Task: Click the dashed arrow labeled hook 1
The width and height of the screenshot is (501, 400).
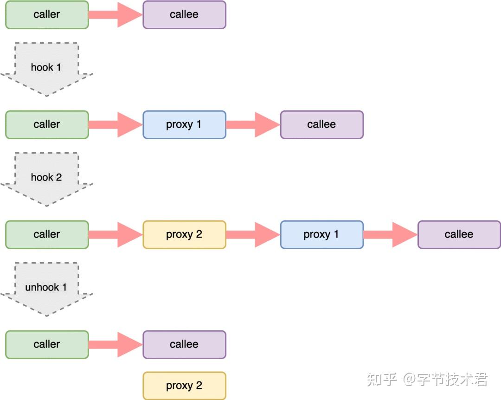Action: (x=46, y=68)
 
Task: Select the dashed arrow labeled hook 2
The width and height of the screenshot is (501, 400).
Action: (x=46, y=178)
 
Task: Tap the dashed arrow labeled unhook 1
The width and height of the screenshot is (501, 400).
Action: (x=46, y=288)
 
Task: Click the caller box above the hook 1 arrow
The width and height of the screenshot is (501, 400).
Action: (x=47, y=15)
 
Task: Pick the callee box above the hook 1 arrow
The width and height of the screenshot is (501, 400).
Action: (x=184, y=15)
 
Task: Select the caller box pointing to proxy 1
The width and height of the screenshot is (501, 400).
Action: (x=47, y=125)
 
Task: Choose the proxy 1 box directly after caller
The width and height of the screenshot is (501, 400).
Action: (x=184, y=125)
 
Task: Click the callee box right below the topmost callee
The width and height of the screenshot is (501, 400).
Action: (x=321, y=125)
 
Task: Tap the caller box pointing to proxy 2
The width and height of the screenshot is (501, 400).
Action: (x=47, y=235)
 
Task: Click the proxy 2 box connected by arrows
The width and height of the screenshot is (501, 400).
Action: (x=184, y=235)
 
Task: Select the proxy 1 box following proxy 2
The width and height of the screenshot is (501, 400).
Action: (x=321, y=235)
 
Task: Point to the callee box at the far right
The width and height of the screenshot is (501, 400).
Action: (x=459, y=235)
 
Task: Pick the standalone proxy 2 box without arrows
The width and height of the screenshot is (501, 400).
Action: (x=184, y=386)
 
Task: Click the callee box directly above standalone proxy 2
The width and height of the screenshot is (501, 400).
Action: (x=184, y=345)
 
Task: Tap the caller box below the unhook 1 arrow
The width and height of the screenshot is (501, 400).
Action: (x=47, y=345)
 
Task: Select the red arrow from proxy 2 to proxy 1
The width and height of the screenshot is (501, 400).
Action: (x=253, y=235)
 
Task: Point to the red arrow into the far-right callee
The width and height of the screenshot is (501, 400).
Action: (x=391, y=235)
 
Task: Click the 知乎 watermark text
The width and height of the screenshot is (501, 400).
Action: (x=382, y=380)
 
